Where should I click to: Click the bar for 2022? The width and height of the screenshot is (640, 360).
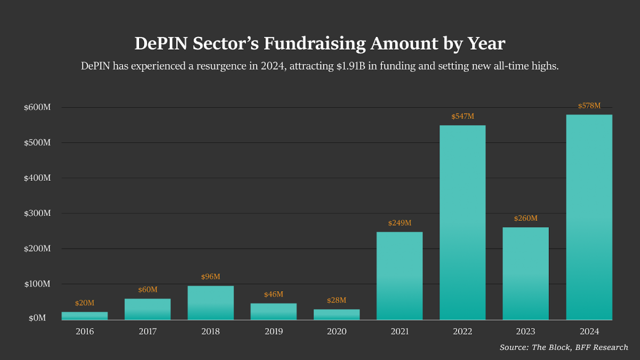point(462,222)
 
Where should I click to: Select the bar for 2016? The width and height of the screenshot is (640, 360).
point(84,316)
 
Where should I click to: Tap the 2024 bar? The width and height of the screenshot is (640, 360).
point(589,217)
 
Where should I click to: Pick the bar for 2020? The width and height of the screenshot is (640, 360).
point(337,314)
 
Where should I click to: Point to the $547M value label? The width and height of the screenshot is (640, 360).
point(462,116)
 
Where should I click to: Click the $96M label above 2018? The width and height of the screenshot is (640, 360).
point(211,277)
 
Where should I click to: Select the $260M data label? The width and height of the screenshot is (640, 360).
point(525,219)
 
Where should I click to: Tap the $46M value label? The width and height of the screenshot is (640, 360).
point(274,294)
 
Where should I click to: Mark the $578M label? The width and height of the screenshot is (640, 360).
point(589,106)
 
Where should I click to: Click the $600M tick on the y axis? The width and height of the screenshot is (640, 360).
point(37,107)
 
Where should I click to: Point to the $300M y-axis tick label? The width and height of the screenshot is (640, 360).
point(37,213)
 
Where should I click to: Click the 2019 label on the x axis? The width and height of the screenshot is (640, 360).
point(274,332)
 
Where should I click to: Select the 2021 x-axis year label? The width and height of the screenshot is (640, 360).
point(399,332)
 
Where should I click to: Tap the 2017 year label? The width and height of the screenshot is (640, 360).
point(148,332)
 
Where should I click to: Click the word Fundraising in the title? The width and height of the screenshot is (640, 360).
point(307,44)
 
